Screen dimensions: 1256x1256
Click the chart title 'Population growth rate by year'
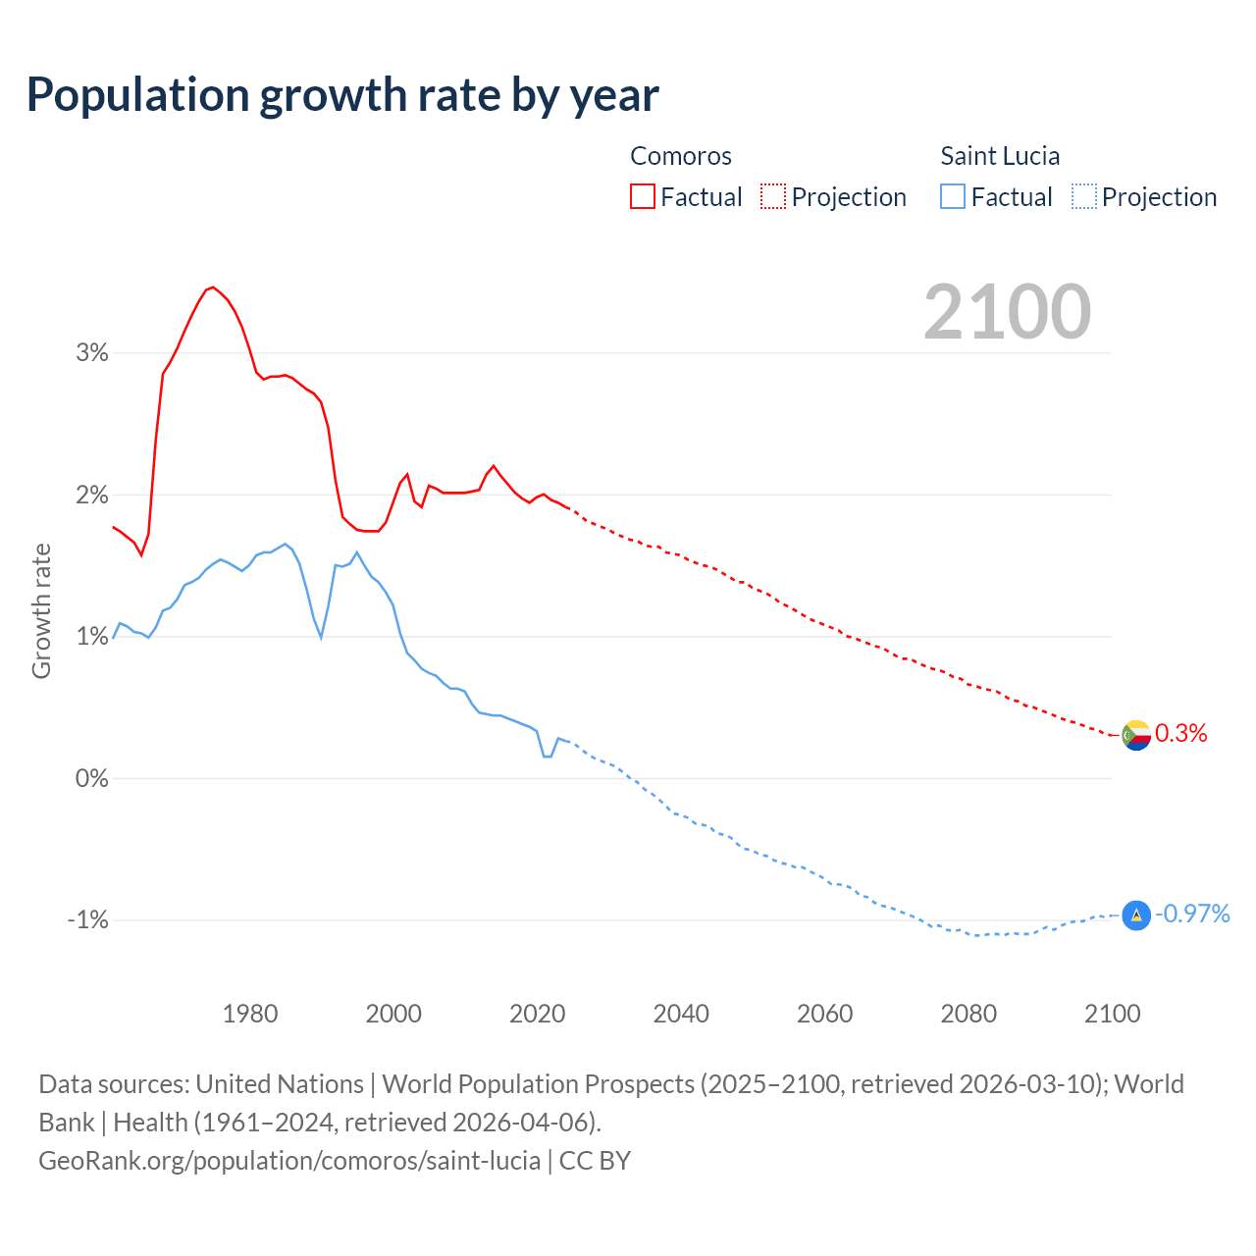tap(342, 95)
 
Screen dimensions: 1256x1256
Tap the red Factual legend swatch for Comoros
tap(643, 196)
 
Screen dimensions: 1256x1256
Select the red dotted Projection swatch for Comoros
tap(773, 196)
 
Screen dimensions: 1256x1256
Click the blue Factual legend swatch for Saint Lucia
tap(953, 196)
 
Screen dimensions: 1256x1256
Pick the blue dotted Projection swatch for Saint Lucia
tap(1084, 196)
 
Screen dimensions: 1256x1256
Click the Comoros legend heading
tap(681, 156)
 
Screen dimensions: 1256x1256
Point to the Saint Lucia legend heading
tap(1000, 156)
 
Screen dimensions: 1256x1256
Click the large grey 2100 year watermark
tap(1007, 312)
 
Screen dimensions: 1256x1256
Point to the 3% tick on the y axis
tap(92, 353)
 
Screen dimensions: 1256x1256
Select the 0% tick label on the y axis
tap(92, 779)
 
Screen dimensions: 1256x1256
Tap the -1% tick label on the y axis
tap(87, 920)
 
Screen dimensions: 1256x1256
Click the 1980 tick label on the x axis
tap(250, 1014)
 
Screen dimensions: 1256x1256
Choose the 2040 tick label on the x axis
tap(681, 1014)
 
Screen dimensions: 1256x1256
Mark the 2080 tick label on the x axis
tap(968, 1014)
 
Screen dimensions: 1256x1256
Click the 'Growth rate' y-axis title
tap(41, 610)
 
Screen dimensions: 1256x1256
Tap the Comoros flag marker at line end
tap(1136, 734)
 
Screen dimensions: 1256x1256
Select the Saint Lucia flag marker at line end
tap(1136, 915)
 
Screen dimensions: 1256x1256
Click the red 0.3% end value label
tap(1181, 733)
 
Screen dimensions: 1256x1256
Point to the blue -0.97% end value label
tap(1192, 914)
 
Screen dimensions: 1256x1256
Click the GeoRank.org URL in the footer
tap(289, 1160)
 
